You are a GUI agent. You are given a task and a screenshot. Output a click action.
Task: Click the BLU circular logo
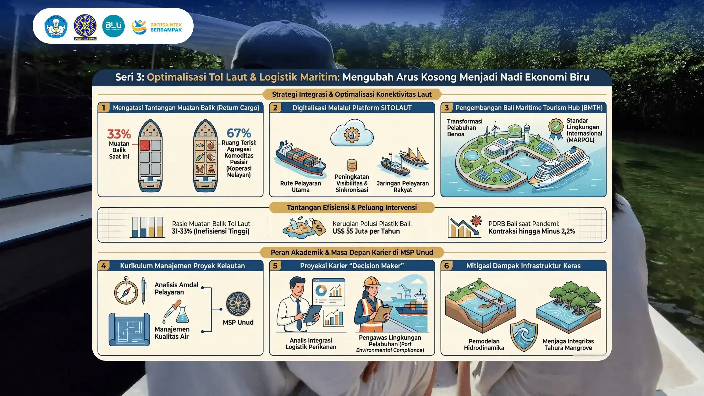tap(113, 26)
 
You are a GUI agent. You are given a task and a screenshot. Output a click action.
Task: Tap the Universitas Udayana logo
tap(85, 27)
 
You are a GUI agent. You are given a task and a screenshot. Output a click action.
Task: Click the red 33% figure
tap(119, 134)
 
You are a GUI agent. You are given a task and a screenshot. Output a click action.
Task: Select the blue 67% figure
tap(239, 133)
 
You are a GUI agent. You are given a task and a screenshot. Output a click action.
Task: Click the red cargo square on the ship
tap(145, 145)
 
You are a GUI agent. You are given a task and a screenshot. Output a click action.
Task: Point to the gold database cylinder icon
tap(352, 165)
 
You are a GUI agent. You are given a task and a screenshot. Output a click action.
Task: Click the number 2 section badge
tap(275, 108)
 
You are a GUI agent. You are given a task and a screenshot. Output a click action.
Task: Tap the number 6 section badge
tap(447, 266)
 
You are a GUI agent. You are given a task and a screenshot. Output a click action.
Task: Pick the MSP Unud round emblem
tap(238, 304)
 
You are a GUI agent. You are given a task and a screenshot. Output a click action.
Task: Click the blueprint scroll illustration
tap(129, 329)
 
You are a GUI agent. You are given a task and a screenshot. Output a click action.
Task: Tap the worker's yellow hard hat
tap(371, 282)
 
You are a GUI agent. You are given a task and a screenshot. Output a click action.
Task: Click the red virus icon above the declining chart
tap(476, 221)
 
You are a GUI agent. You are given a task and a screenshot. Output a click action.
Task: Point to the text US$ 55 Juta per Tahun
tap(366, 231)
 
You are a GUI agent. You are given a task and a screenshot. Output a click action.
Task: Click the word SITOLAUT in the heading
tap(396, 108)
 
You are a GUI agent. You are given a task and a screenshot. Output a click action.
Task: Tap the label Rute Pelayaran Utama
tap(300, 186)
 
